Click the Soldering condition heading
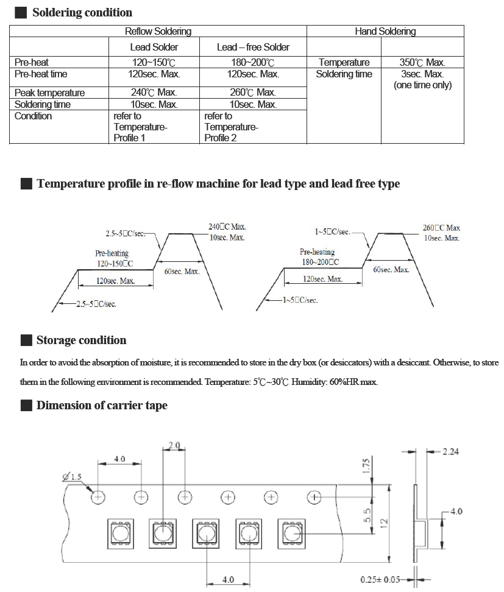(x=82, y=13)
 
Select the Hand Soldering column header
(x=385, y=32)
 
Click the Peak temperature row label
(x=49, y=93)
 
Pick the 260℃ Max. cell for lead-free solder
(x=253, y=93)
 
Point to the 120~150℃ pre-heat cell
(x=154, y=62)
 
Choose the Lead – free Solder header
(x=253, y=47)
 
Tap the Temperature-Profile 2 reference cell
(x=231, y=127)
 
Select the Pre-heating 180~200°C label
(x=319, y=257)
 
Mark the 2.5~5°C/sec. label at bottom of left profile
(x=96, y=304)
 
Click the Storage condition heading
(x=81, y=340)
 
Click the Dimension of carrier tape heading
(x=101, y=406)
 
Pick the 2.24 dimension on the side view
(x=452, y=451)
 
